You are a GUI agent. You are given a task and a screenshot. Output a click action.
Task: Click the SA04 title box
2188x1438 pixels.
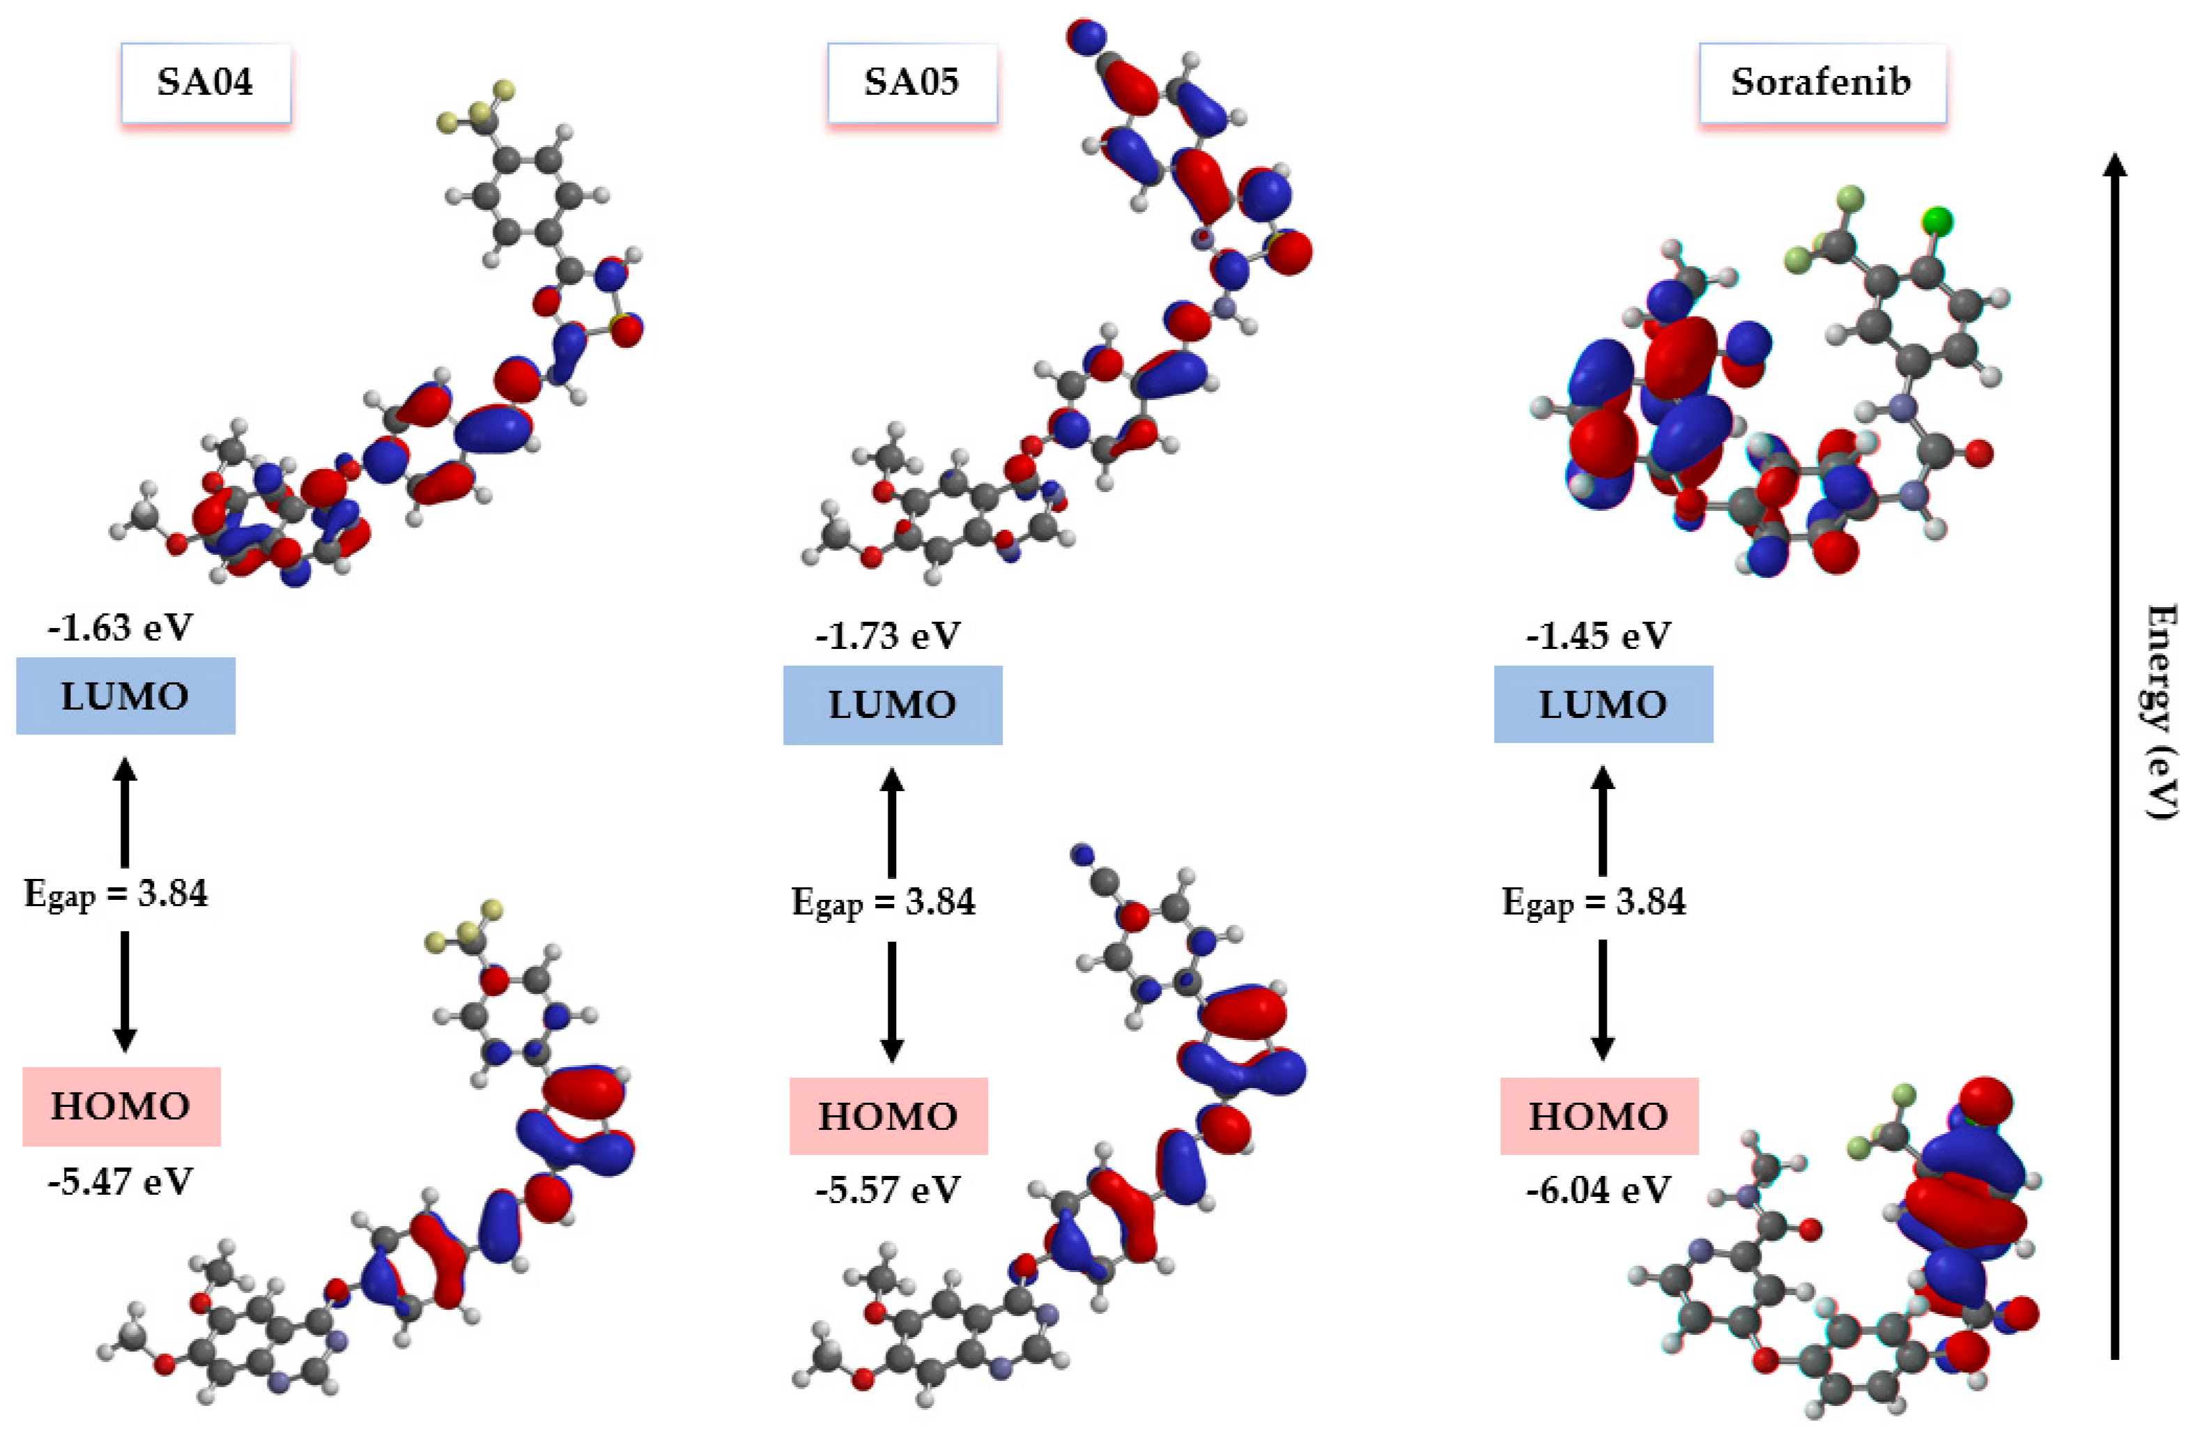point(205,83)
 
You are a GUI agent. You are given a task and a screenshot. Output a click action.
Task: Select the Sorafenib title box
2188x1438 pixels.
point(1821,83)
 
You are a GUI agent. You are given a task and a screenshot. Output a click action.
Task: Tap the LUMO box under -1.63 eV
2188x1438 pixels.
point(125,696)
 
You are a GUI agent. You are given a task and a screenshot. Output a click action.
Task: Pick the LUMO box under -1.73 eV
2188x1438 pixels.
point(892,705)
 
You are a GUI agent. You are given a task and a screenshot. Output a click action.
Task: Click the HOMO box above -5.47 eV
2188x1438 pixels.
point(121,1106)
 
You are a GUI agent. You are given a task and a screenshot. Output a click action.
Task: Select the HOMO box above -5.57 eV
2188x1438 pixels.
point(887,1116)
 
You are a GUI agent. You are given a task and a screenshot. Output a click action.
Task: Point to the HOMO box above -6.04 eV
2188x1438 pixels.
point(1598,1116)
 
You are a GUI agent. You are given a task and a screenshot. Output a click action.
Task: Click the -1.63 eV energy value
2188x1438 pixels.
point(121,628)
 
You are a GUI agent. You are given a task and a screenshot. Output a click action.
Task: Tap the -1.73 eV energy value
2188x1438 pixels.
point(887,635)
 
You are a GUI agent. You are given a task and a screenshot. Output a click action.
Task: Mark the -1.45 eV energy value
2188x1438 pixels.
point(1598,635)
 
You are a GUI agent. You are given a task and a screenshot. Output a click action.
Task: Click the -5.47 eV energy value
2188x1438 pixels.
point(121,1181)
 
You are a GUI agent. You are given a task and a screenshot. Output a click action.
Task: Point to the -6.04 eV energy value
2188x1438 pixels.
point(1598,1190)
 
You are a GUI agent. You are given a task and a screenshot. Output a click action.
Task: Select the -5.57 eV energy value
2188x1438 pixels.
point(887,1190)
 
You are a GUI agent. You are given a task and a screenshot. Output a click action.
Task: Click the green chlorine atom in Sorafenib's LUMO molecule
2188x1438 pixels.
point(1937,222)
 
